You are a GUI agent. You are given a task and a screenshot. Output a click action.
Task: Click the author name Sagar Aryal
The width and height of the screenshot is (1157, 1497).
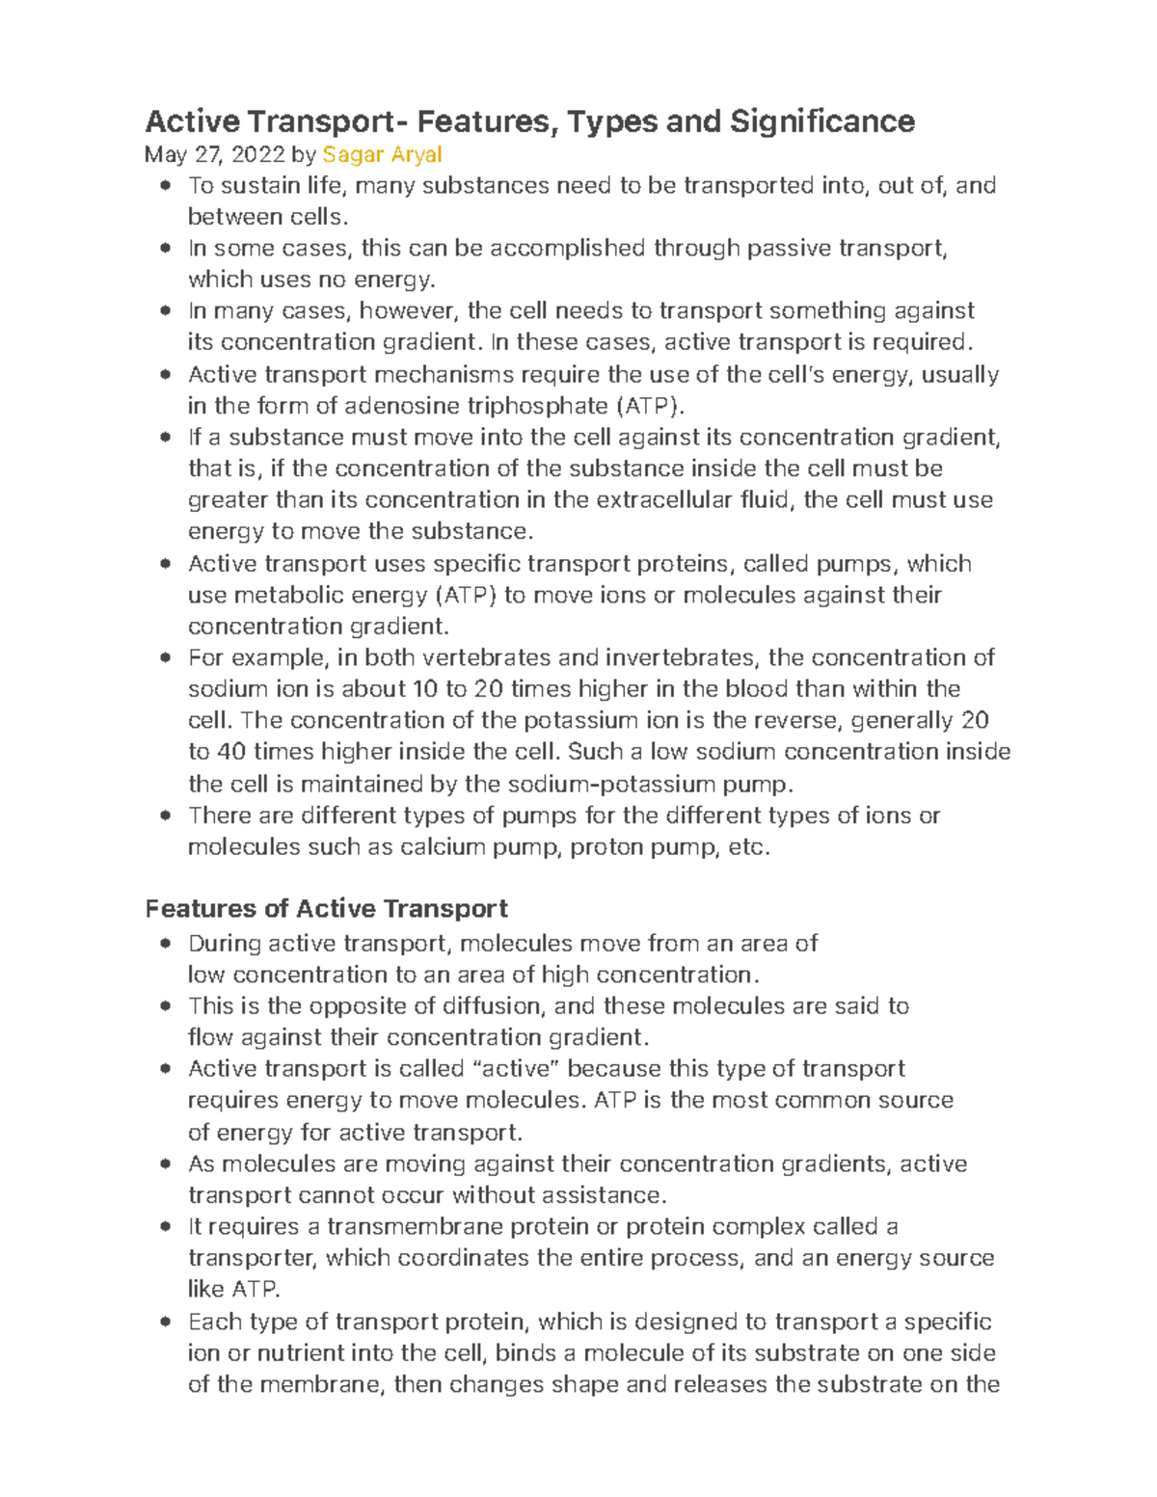pos(382,154)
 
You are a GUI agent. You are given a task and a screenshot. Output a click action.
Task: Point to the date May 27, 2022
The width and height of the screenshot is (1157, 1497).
pos(214,154)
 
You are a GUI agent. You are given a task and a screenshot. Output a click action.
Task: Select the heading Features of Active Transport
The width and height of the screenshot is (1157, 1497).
pos(326,909)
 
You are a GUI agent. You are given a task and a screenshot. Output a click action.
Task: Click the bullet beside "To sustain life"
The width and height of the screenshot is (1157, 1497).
pos(166,185)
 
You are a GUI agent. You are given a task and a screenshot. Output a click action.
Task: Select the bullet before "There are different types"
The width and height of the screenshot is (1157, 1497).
pos(166,815)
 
